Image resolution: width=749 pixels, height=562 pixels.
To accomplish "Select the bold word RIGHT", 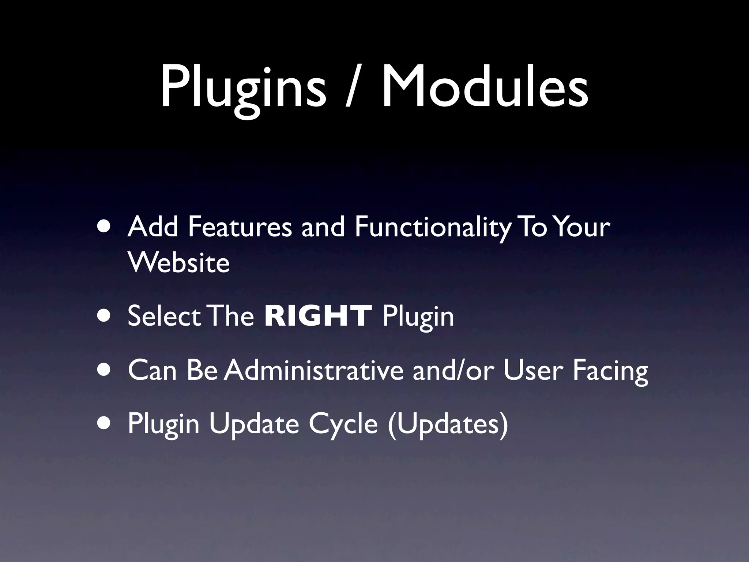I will [x=318, y=316].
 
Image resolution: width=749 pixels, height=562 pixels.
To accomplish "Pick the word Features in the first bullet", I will [x=240, y=227].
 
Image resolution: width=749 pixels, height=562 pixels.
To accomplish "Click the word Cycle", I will [x=343, y=424].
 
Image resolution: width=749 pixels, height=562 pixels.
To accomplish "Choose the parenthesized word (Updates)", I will [x=448, y=424].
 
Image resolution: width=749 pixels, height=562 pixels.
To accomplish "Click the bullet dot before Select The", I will [x=105, y=316].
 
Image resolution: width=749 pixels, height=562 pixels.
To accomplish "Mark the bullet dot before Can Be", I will [x=105, y=371].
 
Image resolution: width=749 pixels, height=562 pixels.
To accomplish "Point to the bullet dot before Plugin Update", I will [x=105, y=424].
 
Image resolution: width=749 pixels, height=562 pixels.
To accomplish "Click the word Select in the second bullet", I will [x=164, y=316].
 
